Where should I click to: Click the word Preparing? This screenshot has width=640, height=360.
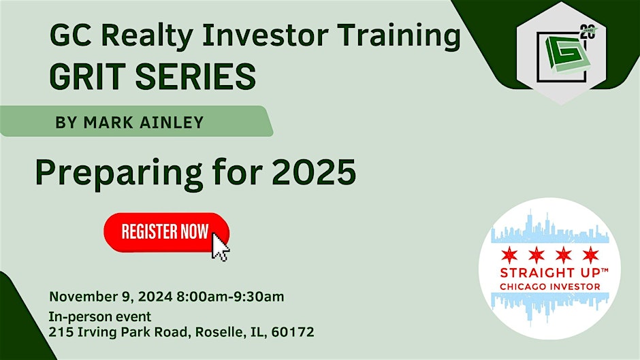click(x=116, y=175)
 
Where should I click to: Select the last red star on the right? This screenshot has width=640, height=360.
click(x=590, y=255)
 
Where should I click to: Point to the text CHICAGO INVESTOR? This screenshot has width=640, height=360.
click(x=550, y=287)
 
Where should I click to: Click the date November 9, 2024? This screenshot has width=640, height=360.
click(x=112, y=296)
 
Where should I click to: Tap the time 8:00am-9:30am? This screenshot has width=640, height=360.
click(x=231, y=296)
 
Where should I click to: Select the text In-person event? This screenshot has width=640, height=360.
click(x=100, y=318)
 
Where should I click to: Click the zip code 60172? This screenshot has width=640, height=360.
click(x=293, y=333)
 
